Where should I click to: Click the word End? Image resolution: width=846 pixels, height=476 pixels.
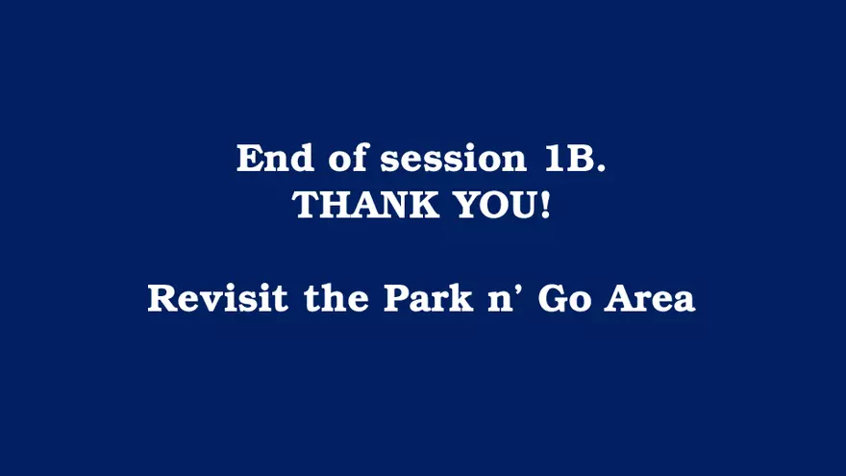[x=275, y=158]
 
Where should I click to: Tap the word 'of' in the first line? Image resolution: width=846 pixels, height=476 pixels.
[x=347, y=158]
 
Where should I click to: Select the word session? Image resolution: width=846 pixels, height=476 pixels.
[x=453, y=159]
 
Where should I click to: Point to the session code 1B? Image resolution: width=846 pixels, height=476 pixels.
[x=570, y=159]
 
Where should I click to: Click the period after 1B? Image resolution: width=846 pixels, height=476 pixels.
[x=602, y=168]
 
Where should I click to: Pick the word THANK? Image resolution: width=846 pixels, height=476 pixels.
[x=365, y=205]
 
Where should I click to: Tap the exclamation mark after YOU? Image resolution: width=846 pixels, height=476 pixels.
[x=545, y=205]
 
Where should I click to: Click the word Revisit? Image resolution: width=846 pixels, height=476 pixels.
[x=217, y=297]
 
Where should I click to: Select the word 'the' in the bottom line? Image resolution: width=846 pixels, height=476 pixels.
[x=336, y=297]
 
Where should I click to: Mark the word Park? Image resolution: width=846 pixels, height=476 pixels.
[x=429, y=297]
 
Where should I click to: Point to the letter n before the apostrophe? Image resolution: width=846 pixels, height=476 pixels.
[x=501, y=302]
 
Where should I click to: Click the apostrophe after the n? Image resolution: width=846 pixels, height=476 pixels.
[x=521, y=289]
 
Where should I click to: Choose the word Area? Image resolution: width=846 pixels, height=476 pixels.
[x=649, y=298]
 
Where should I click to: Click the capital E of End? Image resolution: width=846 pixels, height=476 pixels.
[x=250, y=159]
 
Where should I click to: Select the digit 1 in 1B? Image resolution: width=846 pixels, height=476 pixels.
[x=554, y=159]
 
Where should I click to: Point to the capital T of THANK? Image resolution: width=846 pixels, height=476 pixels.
[x=307, y=205]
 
